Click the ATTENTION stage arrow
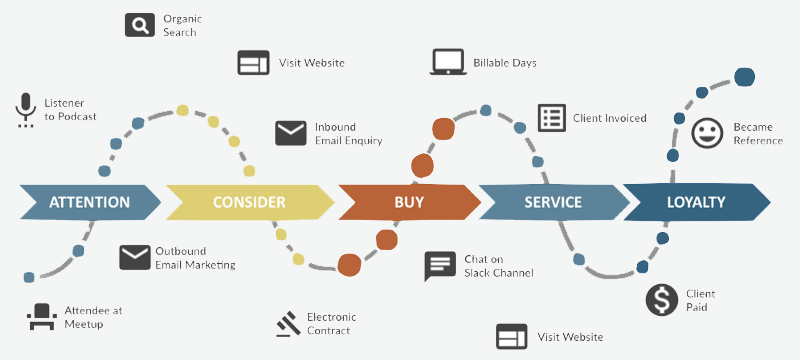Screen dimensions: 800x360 (90, 202)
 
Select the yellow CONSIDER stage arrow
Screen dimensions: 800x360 (250, 202)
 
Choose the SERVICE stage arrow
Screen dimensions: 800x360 (554, 202)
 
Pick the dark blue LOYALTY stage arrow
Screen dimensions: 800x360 (697, 202)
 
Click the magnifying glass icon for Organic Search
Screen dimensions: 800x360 (140, 25)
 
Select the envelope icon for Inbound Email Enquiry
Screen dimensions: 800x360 (291, 133)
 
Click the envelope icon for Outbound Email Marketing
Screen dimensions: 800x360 (135, 258)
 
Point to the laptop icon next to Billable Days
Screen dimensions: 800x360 (448, 62)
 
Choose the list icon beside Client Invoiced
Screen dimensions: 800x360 (552, 118)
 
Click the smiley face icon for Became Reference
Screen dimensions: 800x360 (707, 133)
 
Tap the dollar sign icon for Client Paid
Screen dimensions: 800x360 (662, 300)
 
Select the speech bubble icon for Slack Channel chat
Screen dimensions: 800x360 (440, 265)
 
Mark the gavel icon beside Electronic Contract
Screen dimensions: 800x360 (289, 323)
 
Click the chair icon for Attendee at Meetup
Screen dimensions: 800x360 (41, 317)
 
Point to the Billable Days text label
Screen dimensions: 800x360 (505, 63)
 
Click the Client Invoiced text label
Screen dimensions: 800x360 (610, 118)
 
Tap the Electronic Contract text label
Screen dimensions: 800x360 (332, 324)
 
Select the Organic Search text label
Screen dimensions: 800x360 (183, 25)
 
